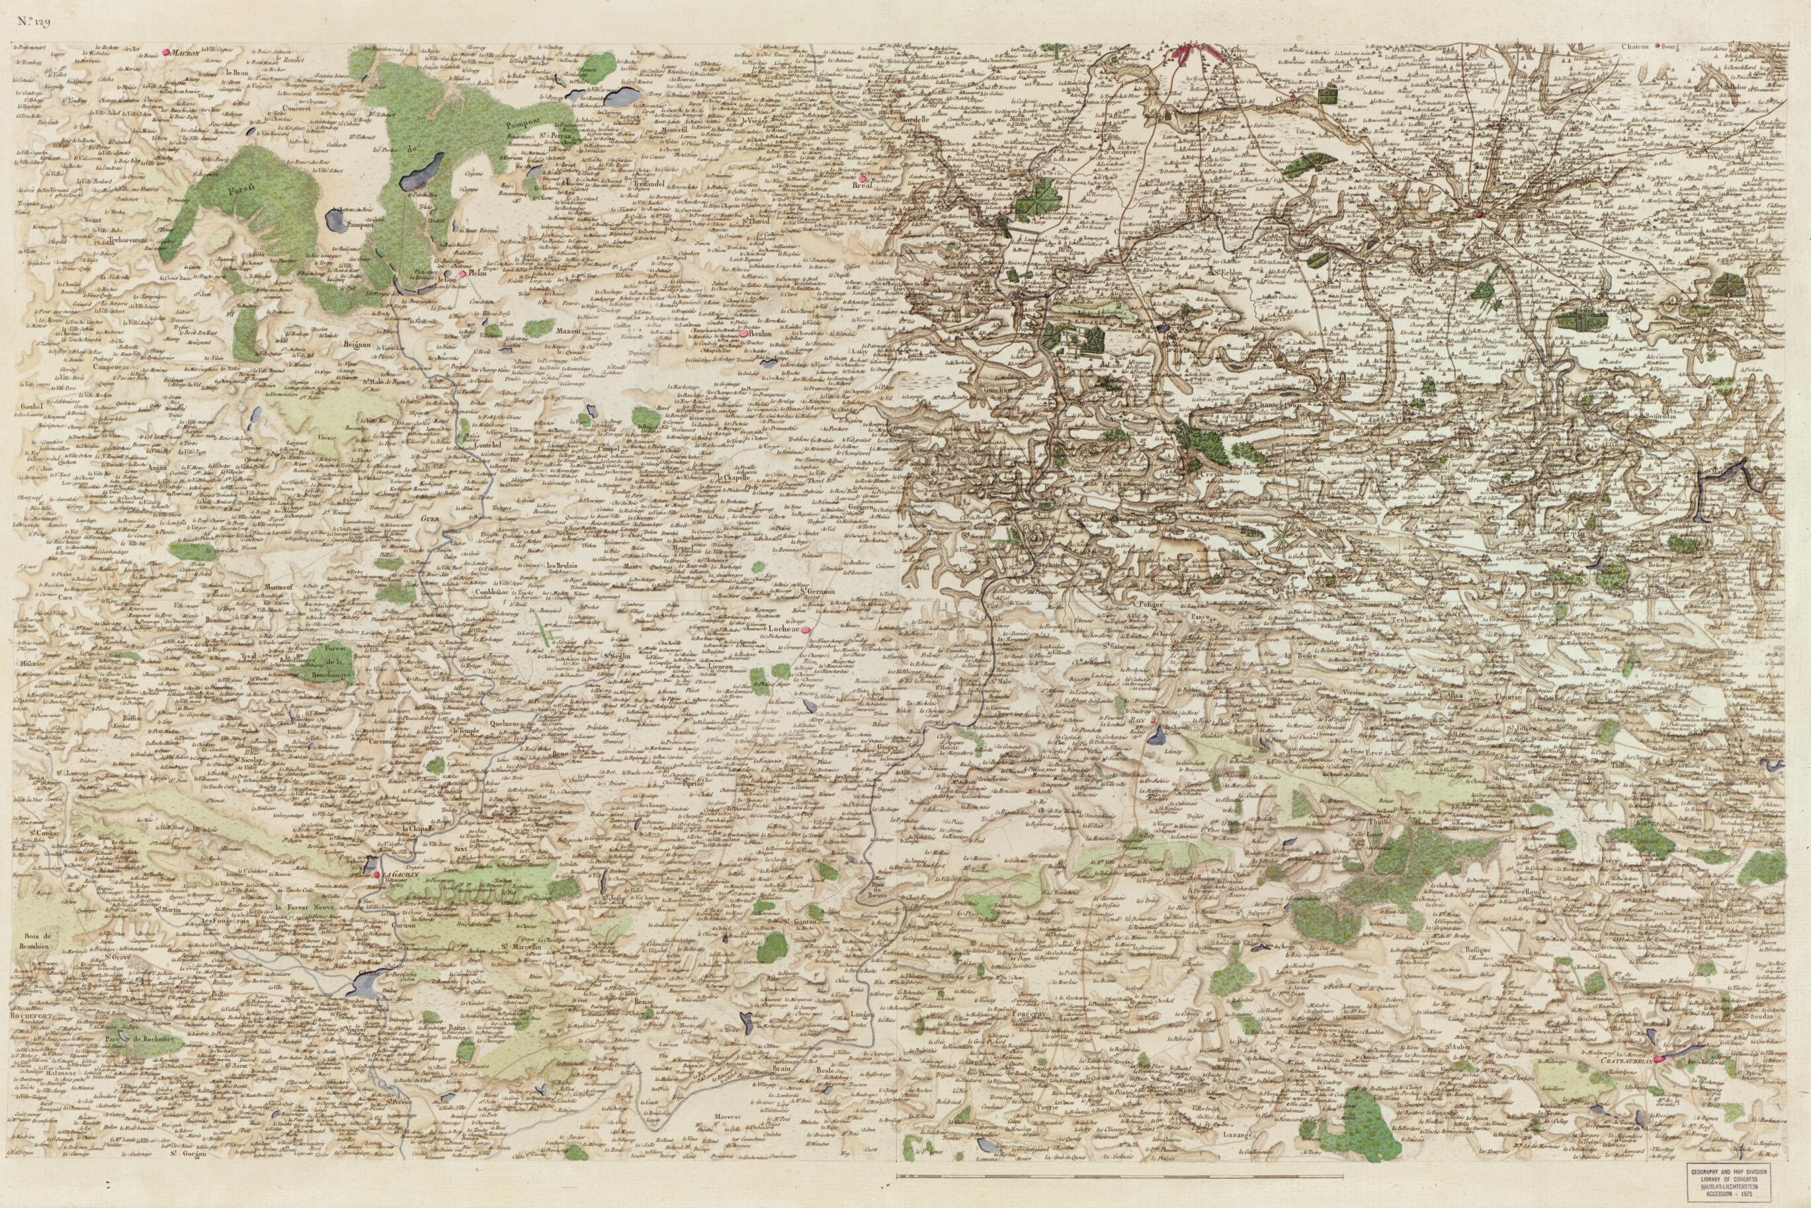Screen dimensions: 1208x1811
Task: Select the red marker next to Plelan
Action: (462, 273)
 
